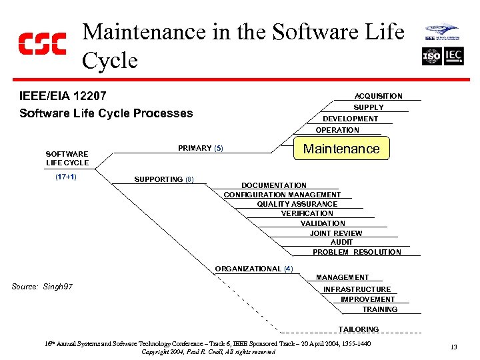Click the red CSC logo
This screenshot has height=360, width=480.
(41, 43)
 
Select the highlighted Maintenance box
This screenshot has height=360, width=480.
(341, 149)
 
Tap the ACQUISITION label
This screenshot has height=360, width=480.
(378, 96)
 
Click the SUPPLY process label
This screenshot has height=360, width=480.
(368, 107)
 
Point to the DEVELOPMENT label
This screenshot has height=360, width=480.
(350, 119)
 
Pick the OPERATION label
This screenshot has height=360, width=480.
(337, 130)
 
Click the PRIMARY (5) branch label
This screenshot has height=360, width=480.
(200, 148)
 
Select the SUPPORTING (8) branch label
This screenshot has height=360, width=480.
(163, 179)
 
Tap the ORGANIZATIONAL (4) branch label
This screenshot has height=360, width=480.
(253, 269)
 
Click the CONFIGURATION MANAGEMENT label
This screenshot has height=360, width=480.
(282, 195)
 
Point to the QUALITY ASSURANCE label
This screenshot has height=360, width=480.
(297, 204)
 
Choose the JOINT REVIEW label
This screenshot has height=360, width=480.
(336, 233)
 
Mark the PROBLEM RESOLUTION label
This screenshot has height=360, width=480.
(357, 252)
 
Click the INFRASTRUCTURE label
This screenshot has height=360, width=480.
(357, 289)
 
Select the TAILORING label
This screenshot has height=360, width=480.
(358, 329)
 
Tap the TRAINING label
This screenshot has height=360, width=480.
(379, 309)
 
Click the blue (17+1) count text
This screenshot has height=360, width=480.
(65, 177)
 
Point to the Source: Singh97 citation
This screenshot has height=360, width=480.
(42, 287)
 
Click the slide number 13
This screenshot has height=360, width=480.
(453, 347)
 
